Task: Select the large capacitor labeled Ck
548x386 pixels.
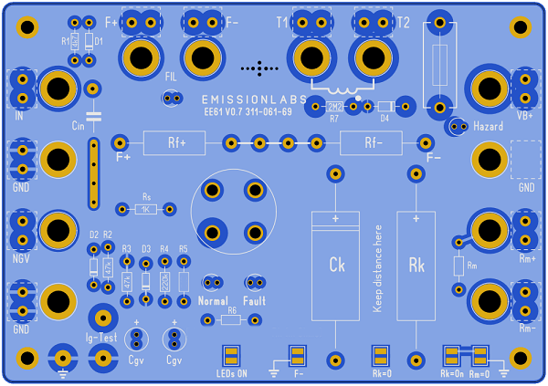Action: [x=335, y=265]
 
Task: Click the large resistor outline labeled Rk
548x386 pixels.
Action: [x=416, y=265]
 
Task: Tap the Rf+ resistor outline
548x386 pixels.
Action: [x=176, y=142]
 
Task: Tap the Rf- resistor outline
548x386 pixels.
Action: [x=372, y=142]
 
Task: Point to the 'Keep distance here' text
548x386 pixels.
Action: [x=375, y=265]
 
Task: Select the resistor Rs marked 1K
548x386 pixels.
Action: [x=146, y=209]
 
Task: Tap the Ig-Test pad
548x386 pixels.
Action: [x=101, y=318]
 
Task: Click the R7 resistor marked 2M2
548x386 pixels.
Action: [x=335, y=107]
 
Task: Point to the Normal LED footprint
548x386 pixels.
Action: [x=213, y=282]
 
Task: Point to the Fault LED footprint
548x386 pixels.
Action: [x=255, y=282]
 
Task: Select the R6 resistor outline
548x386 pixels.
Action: [x=232, y=320]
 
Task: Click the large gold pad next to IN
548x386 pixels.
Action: [x=58, y=89]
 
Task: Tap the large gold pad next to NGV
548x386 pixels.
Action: [x=58, y=229]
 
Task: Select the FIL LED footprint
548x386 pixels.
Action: [x=171, y=97]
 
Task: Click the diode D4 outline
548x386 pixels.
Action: [x=385, y=107]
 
